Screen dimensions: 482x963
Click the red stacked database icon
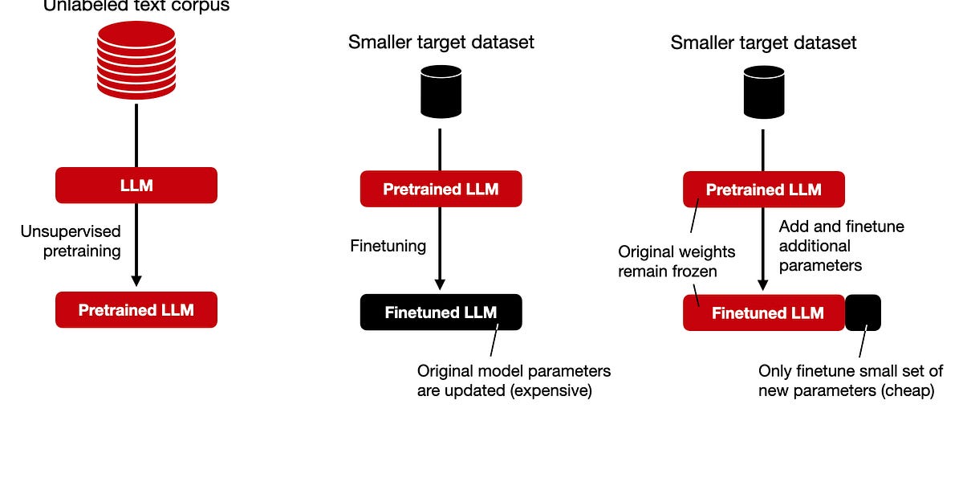(136, 60)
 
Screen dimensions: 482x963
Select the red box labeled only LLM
(136, 186)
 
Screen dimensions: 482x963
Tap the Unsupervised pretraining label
(71, 241)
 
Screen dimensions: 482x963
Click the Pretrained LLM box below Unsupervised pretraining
(136, 309)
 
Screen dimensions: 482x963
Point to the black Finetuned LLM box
(441, 312)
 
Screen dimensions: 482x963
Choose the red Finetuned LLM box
(763, 312)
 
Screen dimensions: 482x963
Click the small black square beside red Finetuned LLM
(863, 312)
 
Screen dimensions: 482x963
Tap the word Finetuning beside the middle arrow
(388, 246)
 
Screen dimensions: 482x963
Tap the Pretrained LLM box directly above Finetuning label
(441, 190)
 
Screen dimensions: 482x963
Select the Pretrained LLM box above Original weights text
(763, 190)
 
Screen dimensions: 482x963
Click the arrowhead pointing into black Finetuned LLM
(440, 284)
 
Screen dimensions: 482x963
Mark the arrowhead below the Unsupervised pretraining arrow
(136, 280)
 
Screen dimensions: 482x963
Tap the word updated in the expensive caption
(469, 391)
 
